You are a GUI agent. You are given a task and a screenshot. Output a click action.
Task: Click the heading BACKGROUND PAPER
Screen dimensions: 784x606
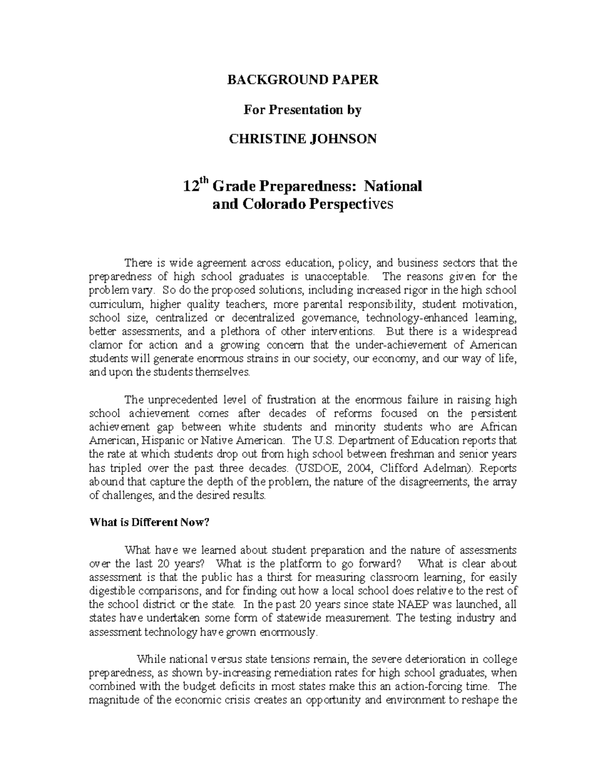click(302, 80)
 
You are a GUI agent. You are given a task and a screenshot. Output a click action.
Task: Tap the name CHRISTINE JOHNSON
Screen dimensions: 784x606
click(302, 139)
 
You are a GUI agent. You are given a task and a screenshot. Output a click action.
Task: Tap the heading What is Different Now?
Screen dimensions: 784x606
click(149, 522)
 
